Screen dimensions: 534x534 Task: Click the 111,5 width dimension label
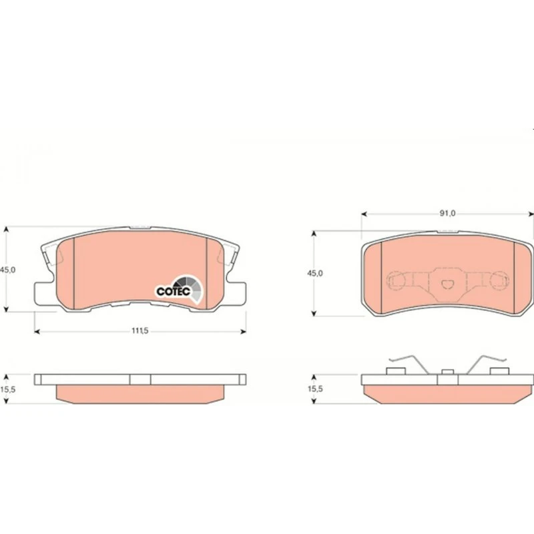(x=140, y=330)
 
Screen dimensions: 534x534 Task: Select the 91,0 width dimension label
(x=447, y=214)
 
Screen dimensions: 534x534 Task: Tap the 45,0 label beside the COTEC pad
(x=8, y=270)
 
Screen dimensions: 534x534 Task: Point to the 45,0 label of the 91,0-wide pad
(x=315, y=273)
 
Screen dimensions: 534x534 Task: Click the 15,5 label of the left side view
(x=8, y=389)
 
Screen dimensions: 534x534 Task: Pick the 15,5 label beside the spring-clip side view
(x=315, y=389)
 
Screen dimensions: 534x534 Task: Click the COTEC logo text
(x=174, y=292)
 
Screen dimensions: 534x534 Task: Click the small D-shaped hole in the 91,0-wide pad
(x=447, y=284)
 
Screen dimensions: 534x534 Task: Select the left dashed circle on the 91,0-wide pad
(x=396, y=280)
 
